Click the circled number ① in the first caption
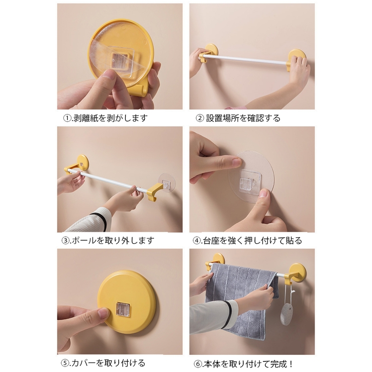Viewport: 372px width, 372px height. [67, 118]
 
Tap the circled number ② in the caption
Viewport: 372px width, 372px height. [200, 118]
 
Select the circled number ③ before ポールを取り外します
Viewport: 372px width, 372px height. [65, 241]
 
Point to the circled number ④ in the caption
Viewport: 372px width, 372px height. [197, 241]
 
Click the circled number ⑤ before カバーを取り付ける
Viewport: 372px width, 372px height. [64, 363]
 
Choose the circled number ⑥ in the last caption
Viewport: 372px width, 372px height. [198, 363]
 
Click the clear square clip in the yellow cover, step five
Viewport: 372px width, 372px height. [123, 309]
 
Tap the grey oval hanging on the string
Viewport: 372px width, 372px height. [287, 313]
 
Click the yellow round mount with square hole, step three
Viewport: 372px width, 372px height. [82, 162]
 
